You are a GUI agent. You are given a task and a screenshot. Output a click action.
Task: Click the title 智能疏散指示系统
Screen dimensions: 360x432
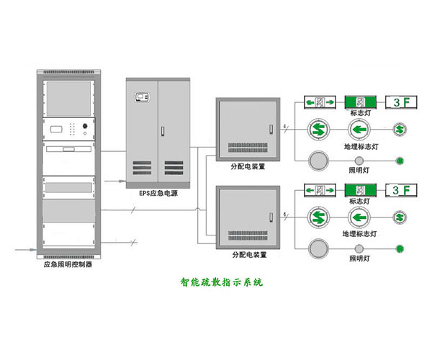[x=222, y=282]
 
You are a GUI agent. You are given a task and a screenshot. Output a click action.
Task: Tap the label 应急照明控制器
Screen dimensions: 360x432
[x=67, y=265]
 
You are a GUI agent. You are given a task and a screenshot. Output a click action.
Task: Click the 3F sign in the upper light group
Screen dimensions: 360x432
[x=401, y=102]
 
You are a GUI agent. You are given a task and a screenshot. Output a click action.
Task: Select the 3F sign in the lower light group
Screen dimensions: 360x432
[x=401, y=190]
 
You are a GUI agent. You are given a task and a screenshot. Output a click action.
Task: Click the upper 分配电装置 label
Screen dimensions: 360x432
[x=248, y=164]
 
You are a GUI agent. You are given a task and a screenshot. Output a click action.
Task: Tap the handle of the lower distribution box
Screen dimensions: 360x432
[x=271, y=217]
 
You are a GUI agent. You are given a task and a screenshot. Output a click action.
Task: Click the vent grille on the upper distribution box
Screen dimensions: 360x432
[x=248, y=148]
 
